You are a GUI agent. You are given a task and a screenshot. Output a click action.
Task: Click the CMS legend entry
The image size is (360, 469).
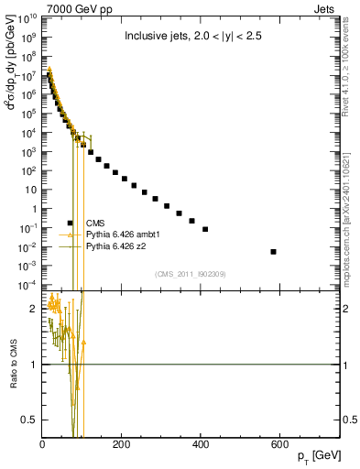(95, 223)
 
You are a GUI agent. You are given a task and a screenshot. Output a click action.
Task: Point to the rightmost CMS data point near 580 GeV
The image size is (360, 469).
(300, 251)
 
